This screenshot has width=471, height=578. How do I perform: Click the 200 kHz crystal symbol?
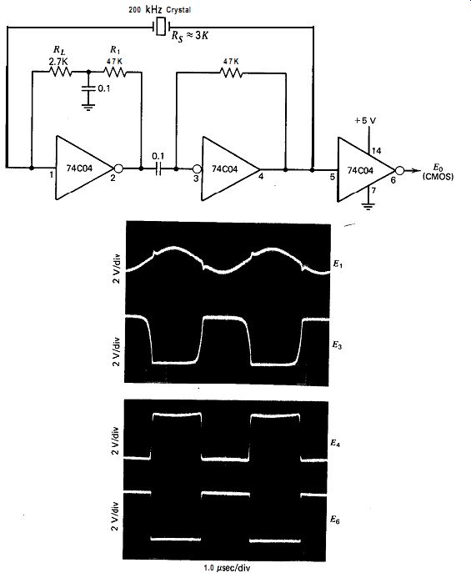[x=161, y=27]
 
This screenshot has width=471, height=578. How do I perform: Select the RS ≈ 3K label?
[x=190, y=35]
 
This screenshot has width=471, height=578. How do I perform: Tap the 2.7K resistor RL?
[x=60, y=72]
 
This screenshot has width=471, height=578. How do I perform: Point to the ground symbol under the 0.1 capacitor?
[x=88, y=108]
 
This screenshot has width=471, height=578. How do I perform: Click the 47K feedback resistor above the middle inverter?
[x=231, y=73]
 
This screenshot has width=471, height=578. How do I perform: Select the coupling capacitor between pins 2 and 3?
[x=158, y=168]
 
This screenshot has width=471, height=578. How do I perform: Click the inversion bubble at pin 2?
[x=118, y=168]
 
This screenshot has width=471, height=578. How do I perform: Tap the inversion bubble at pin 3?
[x=198, y=169]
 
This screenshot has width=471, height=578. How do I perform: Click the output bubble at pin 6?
[x=399, y=170]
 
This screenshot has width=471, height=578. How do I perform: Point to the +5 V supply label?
[x=365, y=121]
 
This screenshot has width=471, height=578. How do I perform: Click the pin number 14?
[x=376, y=150]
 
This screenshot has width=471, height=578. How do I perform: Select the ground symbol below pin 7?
[x=368, y=206]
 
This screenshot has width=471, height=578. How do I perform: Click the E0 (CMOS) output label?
[x=438, y=173]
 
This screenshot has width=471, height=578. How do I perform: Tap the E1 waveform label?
[x=338, y=264]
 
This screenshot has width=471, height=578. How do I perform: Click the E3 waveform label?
[x=338, y=345]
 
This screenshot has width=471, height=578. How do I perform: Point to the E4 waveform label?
[x=335, y=443]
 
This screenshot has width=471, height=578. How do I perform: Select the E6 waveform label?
[x=335, y=520]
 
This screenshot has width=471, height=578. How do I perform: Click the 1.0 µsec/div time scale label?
[x=227, y=568]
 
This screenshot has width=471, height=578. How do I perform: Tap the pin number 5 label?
[x=333, y=178]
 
